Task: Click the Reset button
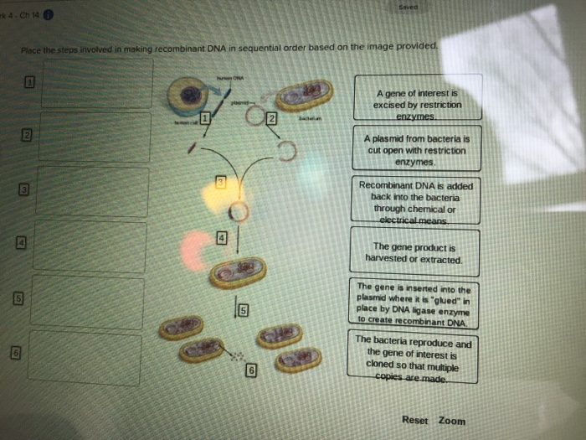coord(414,420)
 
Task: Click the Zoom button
coord(452,420)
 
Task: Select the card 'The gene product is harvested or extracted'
coord(414,253)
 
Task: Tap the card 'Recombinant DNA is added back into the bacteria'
coord(415,202)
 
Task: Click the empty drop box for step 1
coord(96,82)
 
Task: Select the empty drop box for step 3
coord(93,192)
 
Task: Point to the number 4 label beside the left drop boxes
coord(23,242)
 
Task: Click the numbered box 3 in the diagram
coord(221,183)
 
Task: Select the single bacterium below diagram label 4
coord(238,272)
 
